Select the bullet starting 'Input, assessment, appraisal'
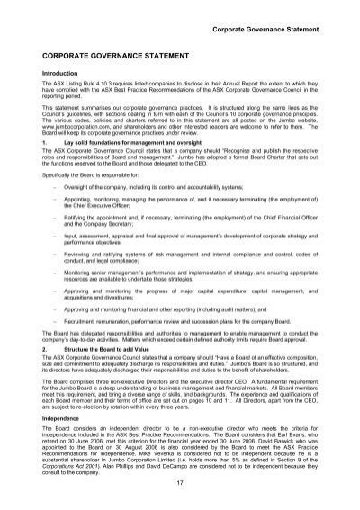[180, 233]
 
